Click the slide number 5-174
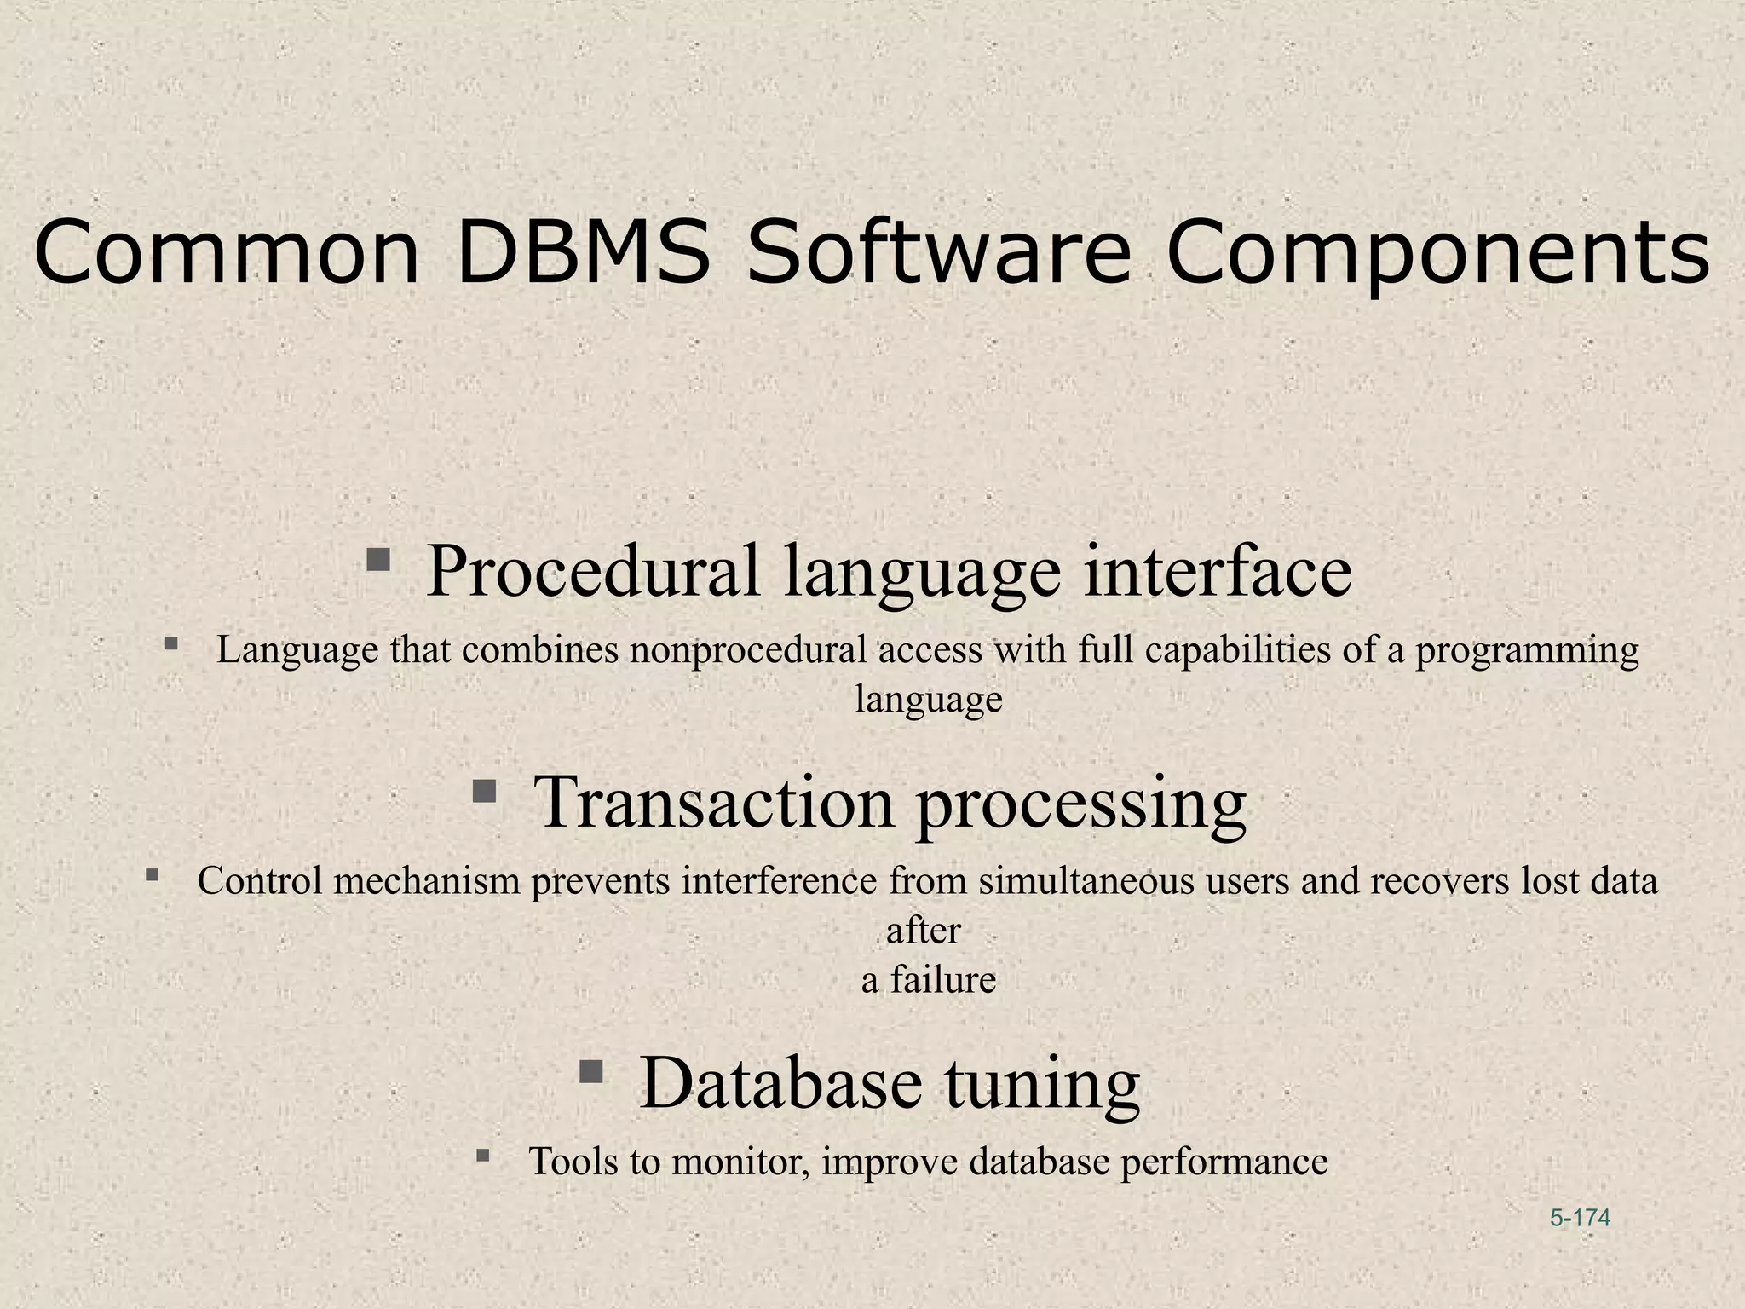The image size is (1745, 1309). coord(1581,1218)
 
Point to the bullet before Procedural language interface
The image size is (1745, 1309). coord(378,560)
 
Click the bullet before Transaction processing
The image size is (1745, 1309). coord(484,792)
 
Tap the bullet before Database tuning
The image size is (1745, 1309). coord(590,1070)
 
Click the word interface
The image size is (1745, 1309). coord(1218,570)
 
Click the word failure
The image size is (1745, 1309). coord(942,980)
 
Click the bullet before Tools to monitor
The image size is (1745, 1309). coord(483,1156)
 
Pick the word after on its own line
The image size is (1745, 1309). coord(923,931)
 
